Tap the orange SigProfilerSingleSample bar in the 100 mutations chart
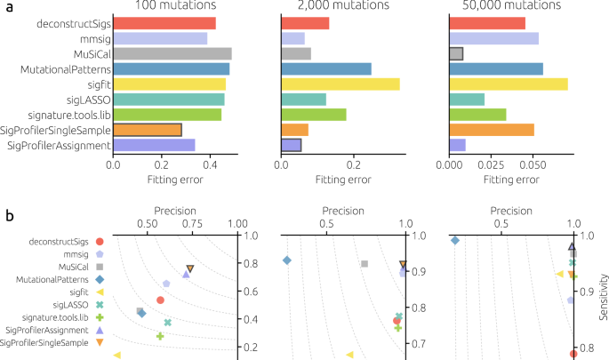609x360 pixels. pyautogui.click(x=147, y=130)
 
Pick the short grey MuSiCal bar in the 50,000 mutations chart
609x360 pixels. pyautogui.click(x=456, y=53)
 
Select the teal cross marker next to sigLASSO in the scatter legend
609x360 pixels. pyautogui.click(x=100, y=305)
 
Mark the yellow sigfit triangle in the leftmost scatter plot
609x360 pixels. pyautogui.click(x=117, y=355)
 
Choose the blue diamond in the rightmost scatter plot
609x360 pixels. pyautogui.click(x=454, y=240)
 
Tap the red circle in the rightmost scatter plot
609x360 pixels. pyautogui.click(x=573, y=353)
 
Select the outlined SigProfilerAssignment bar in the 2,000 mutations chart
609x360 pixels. pyautogui.click(x=291, y=145)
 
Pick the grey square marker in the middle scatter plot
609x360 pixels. pyautogui.click(x=364, y=263)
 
